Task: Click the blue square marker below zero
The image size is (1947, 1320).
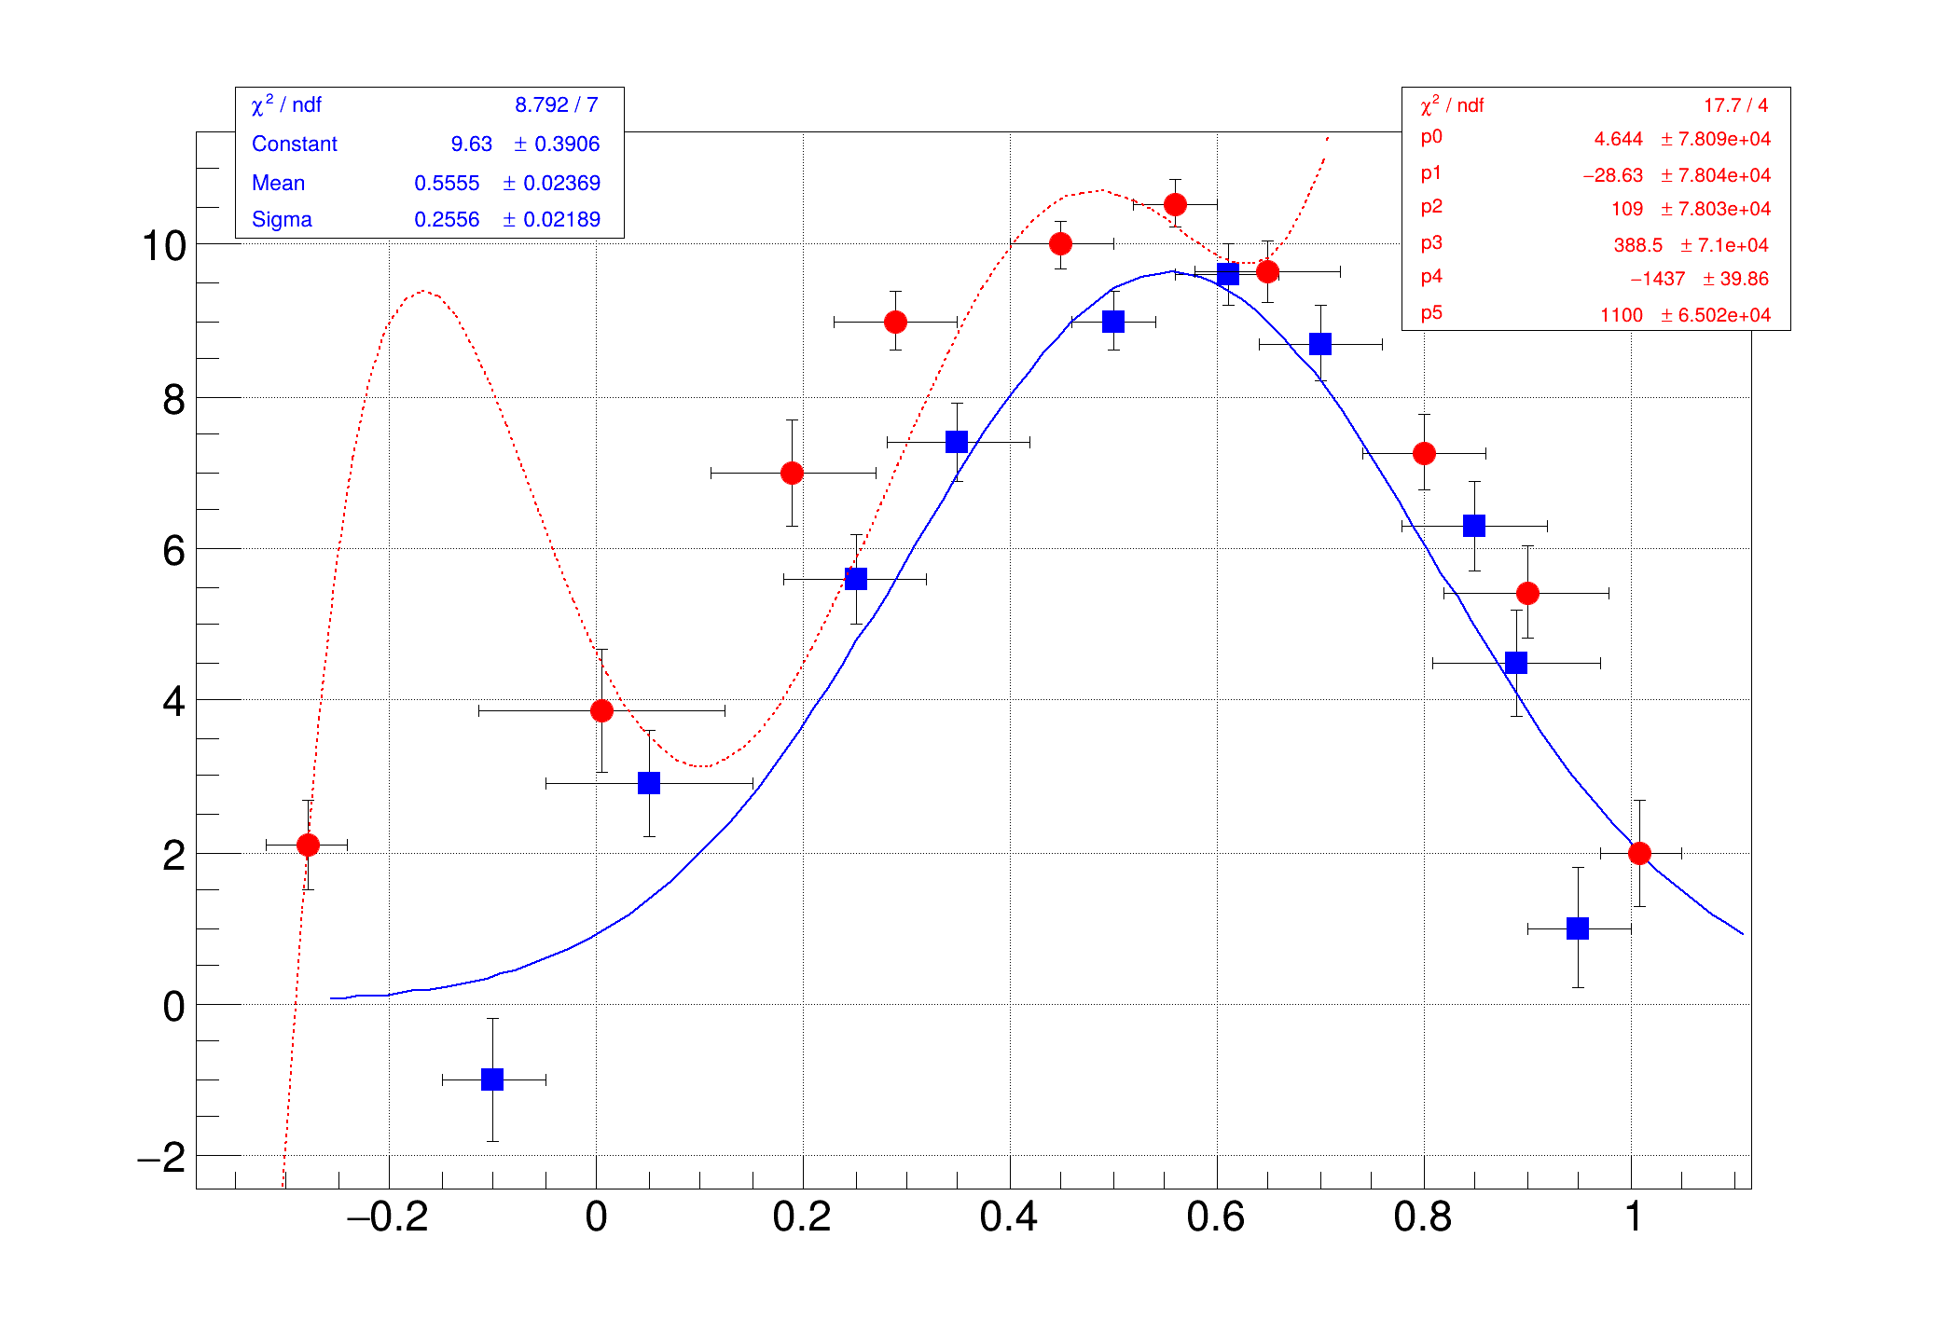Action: click(x=492, y=1079)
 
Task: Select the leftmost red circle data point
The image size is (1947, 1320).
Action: click(x=308, y=845)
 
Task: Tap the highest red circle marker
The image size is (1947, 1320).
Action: click(x=1175, y=204)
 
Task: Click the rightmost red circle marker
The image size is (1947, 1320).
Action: click(x=1639, y=853)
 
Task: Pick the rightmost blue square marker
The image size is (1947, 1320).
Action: click(x=1578, y=928)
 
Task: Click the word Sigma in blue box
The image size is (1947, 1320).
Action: click(x=282, y=220)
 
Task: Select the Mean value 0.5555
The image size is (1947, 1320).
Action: click(x=447, y=184)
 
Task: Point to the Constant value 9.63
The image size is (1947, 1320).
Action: click(x=471, y=144)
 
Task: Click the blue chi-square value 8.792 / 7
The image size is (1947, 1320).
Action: click(x=556, y=105)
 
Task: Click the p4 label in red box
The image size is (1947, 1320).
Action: click(x=1431, y=277)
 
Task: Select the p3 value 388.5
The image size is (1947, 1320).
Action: click(x=1637, y=245)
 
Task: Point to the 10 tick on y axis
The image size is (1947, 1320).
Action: click(x=164, y=246)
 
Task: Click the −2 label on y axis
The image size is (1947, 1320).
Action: click(x=161, y=1158)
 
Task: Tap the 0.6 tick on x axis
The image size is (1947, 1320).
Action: click(x=1216, y=1217)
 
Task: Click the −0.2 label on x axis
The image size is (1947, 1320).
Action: click(x=387, y=1217)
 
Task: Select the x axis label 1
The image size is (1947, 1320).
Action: click(x=1633, y=1217)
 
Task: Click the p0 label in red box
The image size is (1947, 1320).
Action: click(x=1431, y=137)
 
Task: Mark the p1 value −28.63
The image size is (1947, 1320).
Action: click(x=1612, y=176)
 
